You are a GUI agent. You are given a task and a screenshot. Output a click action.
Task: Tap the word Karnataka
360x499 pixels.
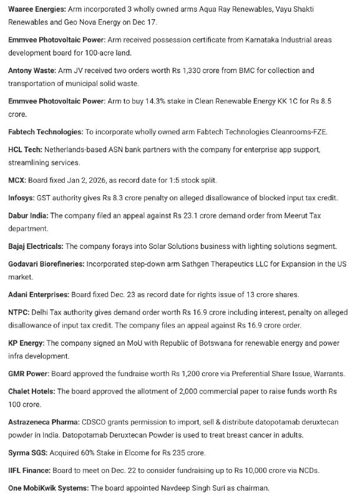point(242,40)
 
